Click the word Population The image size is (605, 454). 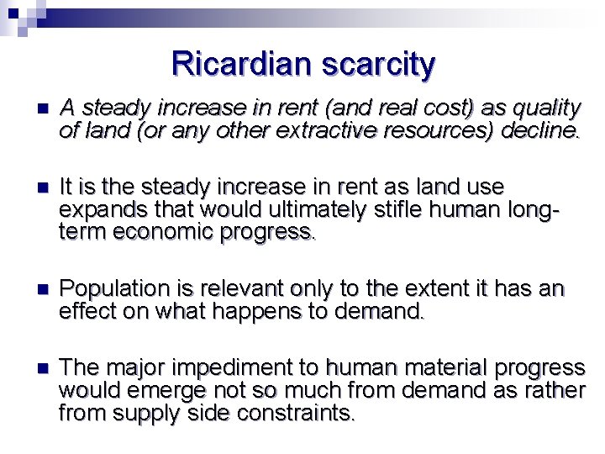coord(115,289)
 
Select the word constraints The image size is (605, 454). coord(286,413)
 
